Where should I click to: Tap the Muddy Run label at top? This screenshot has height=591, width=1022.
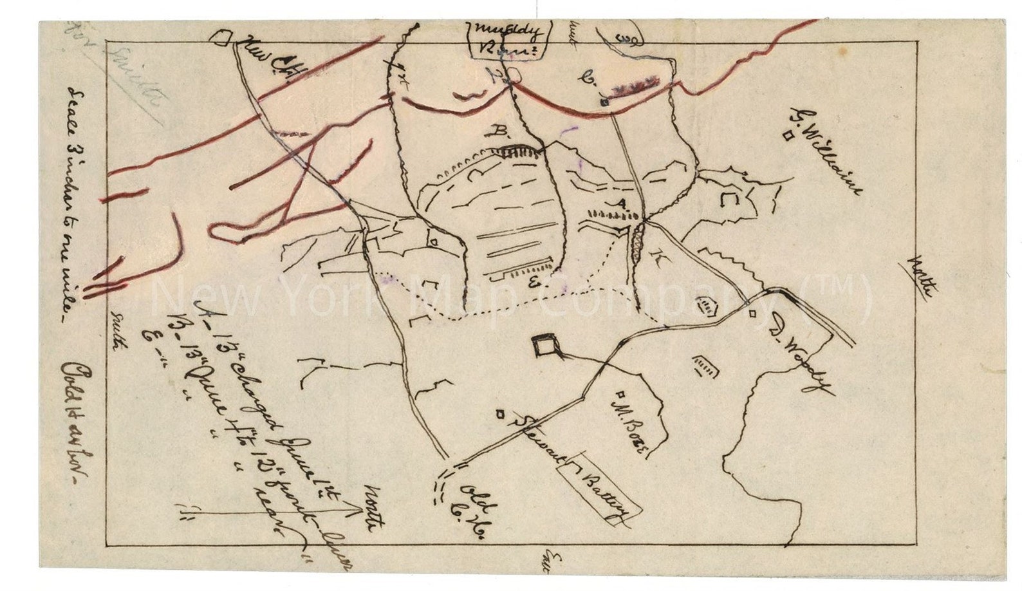click(510, 37)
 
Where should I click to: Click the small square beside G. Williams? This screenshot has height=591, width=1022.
click(786, 135)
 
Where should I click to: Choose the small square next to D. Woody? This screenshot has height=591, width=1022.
click(752, 314)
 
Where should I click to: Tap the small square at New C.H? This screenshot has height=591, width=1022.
click(223, 38)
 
